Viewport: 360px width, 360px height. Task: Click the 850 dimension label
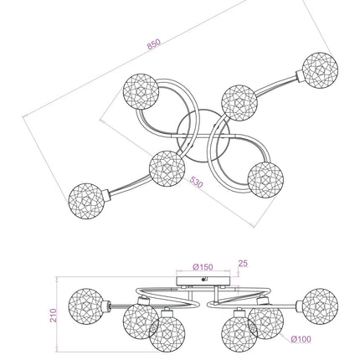pyautogui.click(x=154, y=44)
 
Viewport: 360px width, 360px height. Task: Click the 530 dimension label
pyautogui.click(x=196, y=182)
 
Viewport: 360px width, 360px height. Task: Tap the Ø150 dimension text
pyautogui.click(x=203, y=267)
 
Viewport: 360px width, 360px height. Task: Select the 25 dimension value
pyautogui.click(x=243, y=263)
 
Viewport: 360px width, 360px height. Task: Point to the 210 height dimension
pyautogui.click(x=54, y=316)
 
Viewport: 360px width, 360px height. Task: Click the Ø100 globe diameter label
pyautogui.click(x=301, y=339)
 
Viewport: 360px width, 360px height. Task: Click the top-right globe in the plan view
pyautogui.click(x=320, y=69)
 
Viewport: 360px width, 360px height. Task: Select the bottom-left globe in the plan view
pyautogui.click(x=86, y=201)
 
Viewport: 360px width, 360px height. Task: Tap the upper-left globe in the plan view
pyautogui.click(x=141, y=91)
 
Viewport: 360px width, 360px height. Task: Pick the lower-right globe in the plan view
pyautogui.click(x=265, y=180)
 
